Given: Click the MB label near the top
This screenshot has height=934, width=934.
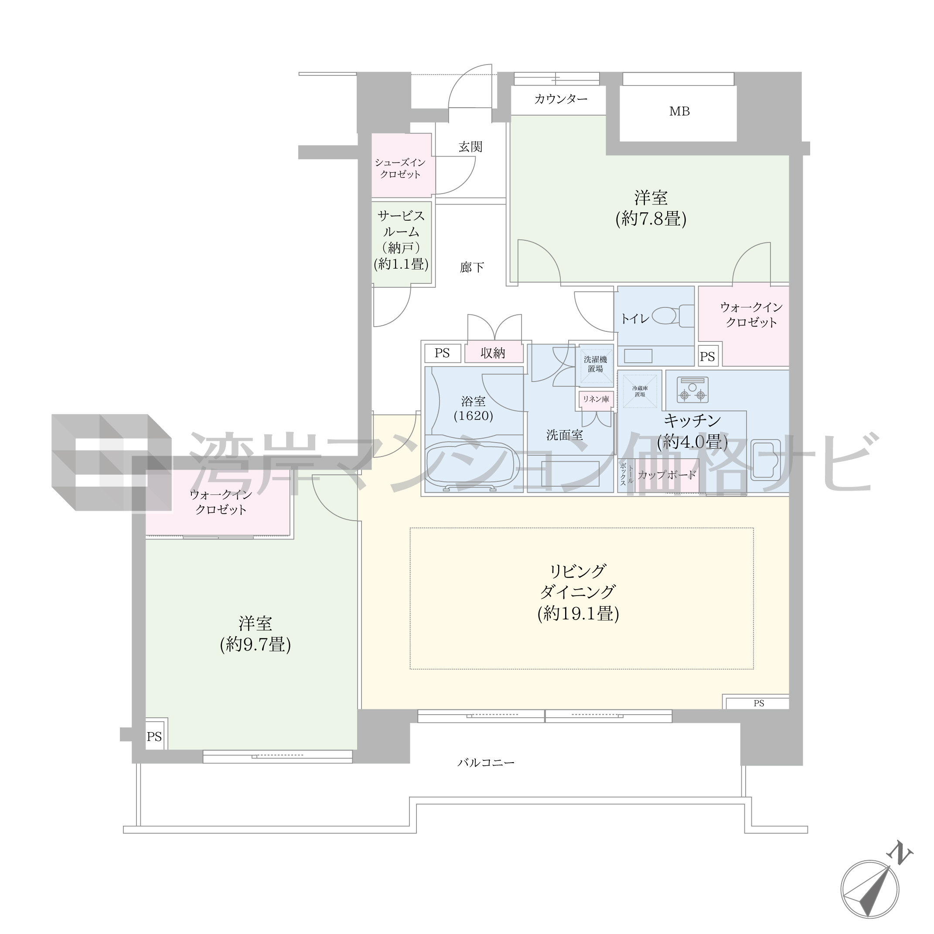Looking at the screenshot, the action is [679, 111].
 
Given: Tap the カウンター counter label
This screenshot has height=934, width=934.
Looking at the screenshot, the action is [561, 99].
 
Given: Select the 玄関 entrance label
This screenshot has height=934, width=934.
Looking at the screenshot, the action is [470, 147].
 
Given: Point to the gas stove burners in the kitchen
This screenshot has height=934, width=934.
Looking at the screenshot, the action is [692, 390].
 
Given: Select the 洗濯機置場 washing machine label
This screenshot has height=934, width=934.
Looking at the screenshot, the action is [596, 365].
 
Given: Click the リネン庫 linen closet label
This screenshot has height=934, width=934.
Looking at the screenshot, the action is [596, 399].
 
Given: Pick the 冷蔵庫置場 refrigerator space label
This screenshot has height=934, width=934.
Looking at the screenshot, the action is [640, 392].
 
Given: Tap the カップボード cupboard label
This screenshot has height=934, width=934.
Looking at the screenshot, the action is [667, 475].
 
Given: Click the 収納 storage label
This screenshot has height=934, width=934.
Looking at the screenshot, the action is [493, 353].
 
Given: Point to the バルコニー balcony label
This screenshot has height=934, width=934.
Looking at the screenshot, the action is [486, 763].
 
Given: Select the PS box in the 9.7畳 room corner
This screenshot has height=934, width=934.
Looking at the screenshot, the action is [155, 737].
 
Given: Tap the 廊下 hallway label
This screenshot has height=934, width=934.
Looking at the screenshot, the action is [471, 267].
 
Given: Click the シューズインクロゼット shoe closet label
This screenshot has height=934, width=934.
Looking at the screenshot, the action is [400, 169].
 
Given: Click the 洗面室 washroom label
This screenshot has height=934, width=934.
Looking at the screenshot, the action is [564, 436].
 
